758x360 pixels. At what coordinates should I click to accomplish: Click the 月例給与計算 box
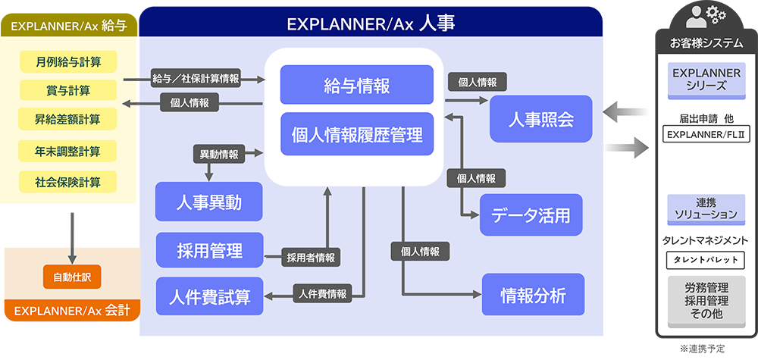68,59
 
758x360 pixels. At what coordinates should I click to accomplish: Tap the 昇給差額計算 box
68,120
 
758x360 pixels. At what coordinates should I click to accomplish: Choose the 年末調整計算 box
68,151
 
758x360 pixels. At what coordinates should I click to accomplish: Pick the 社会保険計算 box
68,182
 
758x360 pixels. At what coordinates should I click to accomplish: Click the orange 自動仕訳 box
72,277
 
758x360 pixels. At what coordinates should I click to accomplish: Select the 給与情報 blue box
356,85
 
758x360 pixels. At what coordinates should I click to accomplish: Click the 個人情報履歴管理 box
356,135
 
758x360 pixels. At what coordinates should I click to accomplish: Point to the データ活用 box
531,215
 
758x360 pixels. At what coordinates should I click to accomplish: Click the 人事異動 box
209,202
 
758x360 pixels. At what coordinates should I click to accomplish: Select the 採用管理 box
209,251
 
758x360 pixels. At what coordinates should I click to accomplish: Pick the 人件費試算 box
209,296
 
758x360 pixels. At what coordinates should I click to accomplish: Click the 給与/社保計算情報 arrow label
196,78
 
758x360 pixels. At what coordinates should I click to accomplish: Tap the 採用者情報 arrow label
310,258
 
